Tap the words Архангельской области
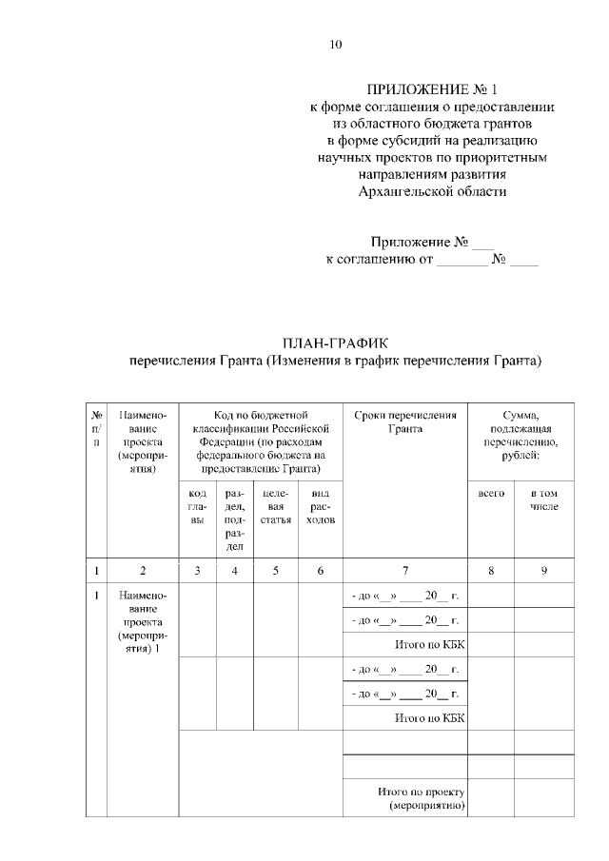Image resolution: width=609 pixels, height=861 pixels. [x=433, y=191]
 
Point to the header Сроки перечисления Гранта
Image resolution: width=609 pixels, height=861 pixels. [x=405, y=421]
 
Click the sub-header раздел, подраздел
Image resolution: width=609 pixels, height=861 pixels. [x=234, y=520]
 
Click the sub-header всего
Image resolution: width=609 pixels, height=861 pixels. [x=491, y=494]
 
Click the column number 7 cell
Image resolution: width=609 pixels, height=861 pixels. [x=405, y=570]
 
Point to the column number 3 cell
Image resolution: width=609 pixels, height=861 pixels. [x=198, y=570]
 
